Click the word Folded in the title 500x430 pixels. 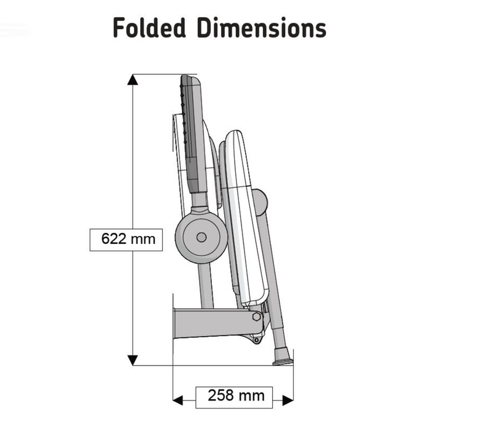click(x=149, y=28)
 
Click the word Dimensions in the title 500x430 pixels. click(x=262, y=28)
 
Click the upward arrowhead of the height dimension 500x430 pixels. click(x=133, y=79)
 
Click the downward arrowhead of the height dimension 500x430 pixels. click(x=133, y=360)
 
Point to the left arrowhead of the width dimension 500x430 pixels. click(x=178, y=400)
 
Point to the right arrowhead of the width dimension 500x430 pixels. click(x=288, y=400)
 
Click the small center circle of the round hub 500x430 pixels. click(x=201, y=237)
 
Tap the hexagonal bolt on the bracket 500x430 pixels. click(x=256, y=317)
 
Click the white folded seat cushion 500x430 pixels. click(x=246, y=217)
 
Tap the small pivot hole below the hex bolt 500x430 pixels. click(x=256, y=340)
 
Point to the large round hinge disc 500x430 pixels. click(x=201, y=237)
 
